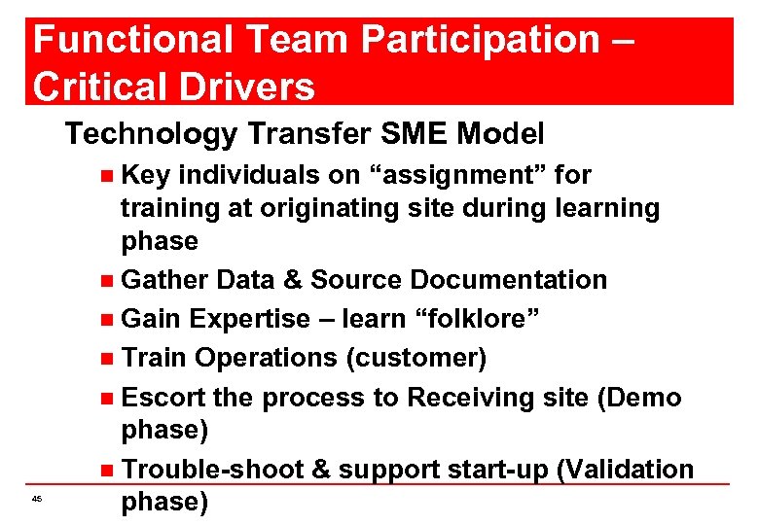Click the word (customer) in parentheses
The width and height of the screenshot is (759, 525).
(416, 358)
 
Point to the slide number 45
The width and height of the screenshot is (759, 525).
(36, 499)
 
